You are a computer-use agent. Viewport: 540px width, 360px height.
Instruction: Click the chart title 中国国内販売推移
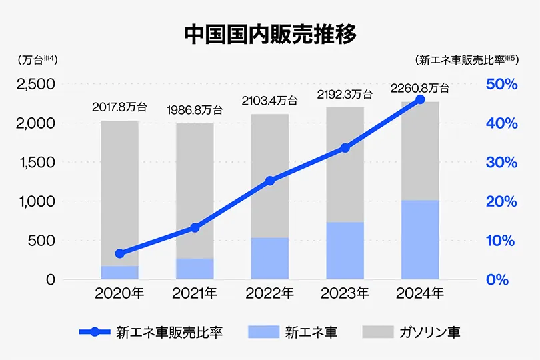pos(270,34)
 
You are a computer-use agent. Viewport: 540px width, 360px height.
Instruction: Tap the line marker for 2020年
pos(119,253)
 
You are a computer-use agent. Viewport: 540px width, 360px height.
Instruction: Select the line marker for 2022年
pos(269,181)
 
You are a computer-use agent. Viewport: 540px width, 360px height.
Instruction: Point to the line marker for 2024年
pos(420,99)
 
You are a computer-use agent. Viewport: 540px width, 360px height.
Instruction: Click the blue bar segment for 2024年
pos(420,239)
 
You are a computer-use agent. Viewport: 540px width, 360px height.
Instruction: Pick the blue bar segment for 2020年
pos(119,272)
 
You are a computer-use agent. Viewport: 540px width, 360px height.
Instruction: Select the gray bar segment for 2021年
pos(195,191)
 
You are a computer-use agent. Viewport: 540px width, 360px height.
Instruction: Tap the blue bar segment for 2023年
pos(345,250)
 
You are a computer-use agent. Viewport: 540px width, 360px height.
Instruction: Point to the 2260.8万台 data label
pos(420,88)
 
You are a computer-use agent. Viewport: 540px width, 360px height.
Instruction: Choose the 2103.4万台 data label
pos(269,101)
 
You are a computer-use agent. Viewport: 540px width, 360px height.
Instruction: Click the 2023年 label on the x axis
pos(345,293)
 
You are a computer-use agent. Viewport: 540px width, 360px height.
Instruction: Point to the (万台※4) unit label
pos(39,59)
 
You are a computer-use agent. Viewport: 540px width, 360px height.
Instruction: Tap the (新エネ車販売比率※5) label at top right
pos(467,59)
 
